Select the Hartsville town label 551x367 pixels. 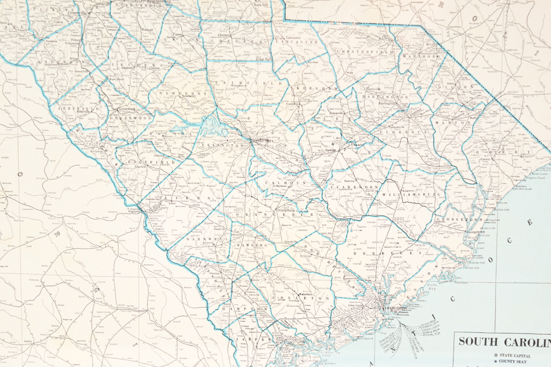(x=377, y=89)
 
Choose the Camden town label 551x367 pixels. (x=291, y=104)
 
